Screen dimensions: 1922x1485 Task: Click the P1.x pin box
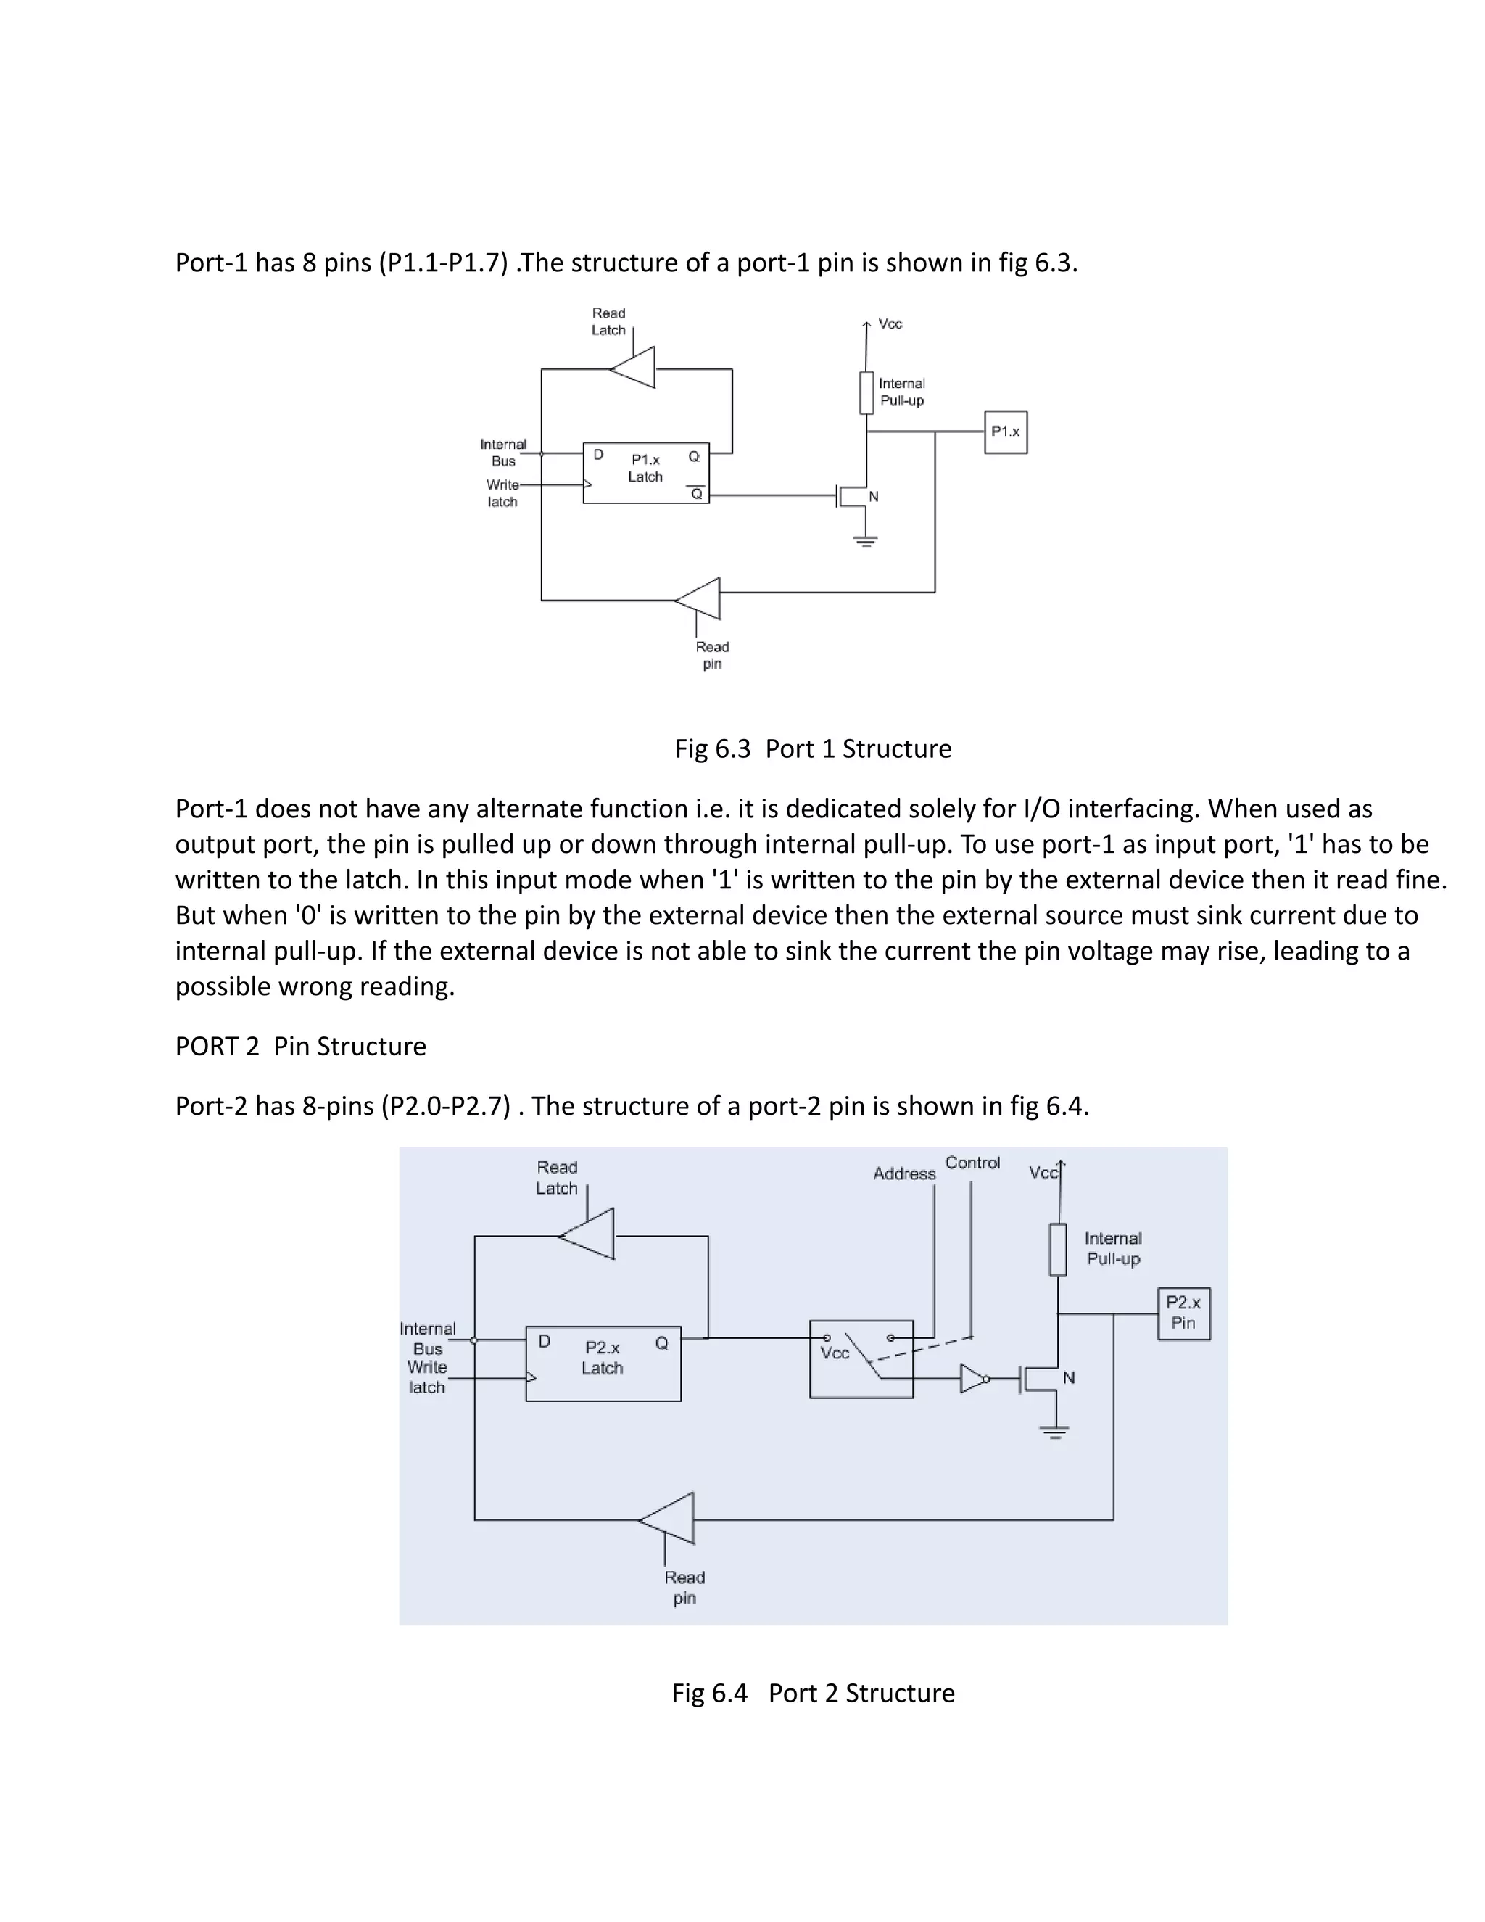click(x=1006, y=432)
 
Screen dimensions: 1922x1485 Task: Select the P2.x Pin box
click(x=1183, y=1313)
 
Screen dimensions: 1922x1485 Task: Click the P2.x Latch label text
click(x=603, y=1358)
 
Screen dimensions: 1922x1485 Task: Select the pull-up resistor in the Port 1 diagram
click(x=866, y=392)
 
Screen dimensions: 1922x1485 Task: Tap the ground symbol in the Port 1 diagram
click(x=866, y=541)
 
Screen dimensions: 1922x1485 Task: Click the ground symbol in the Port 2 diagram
click(x=1054, y=1432)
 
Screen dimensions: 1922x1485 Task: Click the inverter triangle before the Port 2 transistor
click(x=972, y=1379)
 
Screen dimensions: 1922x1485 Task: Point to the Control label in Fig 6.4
click(x=972, y=1163)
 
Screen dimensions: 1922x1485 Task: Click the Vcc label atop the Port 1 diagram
click(x=890, y=324)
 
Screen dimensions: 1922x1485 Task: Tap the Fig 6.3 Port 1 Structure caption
click(x=813, y=749)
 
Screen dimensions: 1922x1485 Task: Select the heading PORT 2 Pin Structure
click(x=300, y=1047)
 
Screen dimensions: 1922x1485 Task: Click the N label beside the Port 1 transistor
click(x=874, y=498)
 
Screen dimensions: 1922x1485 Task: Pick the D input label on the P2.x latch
click(x=545, y=1342)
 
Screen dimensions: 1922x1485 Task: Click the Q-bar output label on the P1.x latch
click(x=696, y=494)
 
